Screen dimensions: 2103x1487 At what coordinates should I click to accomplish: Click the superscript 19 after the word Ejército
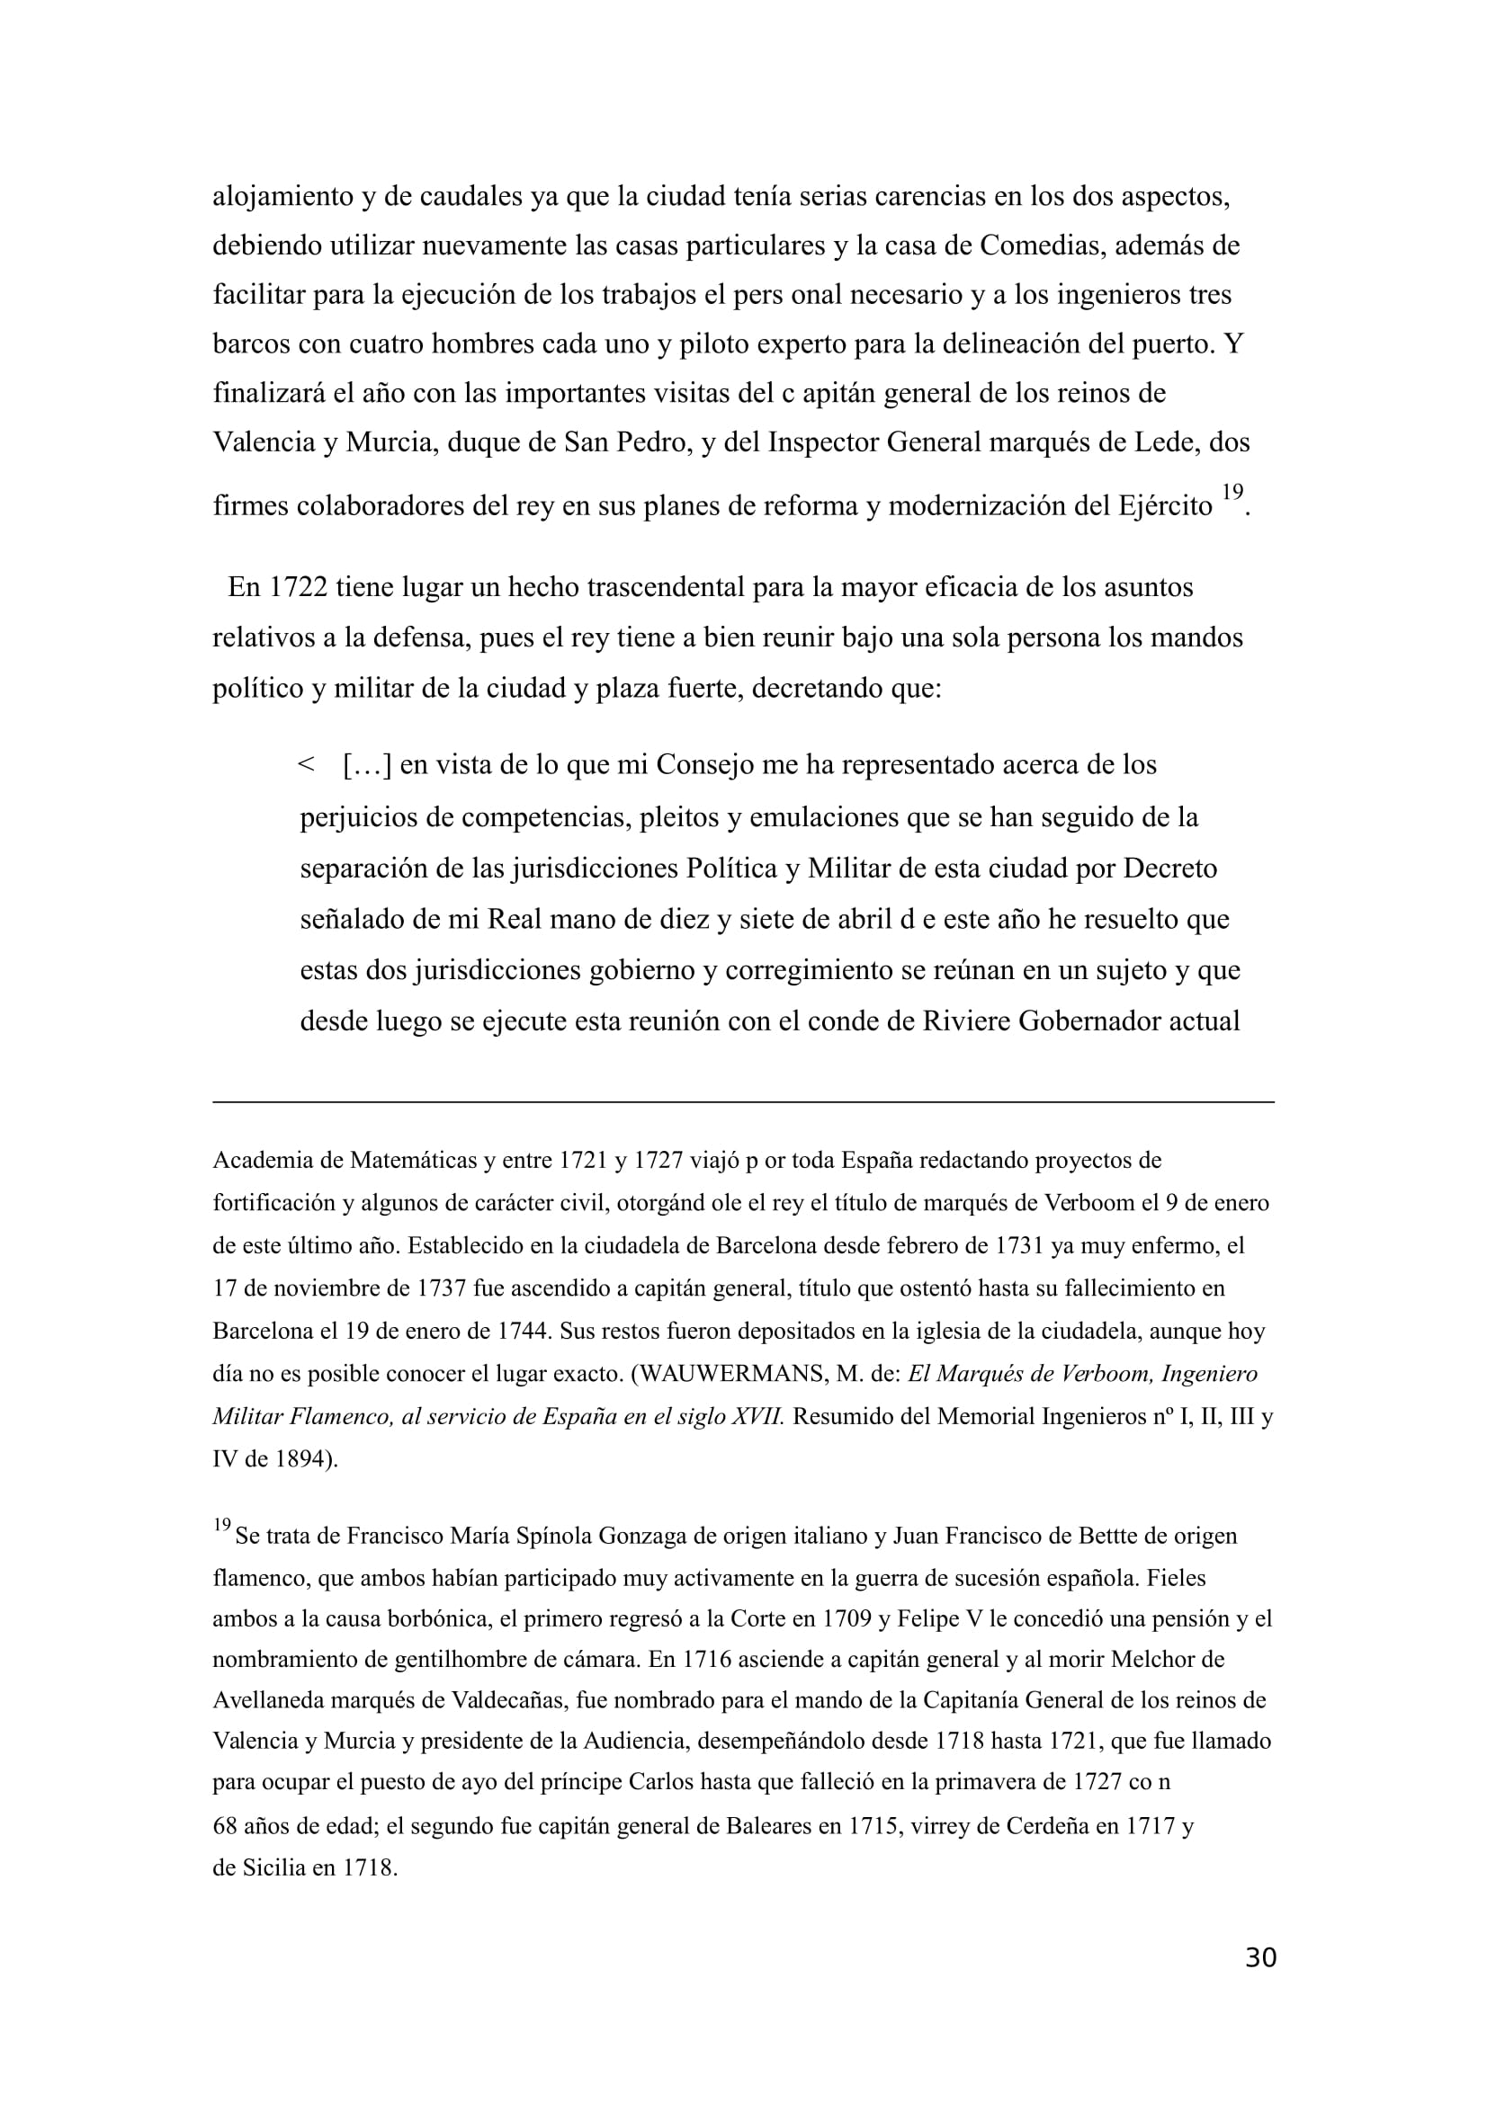(1232, 492)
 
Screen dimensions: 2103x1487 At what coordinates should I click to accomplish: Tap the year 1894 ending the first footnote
(302, 1459)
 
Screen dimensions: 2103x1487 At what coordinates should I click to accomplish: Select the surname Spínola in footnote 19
(556, 1536)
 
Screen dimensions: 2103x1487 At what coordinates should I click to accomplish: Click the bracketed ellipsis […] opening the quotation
(366, 765)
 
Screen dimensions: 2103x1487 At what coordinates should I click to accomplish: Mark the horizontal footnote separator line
(743, 1102)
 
